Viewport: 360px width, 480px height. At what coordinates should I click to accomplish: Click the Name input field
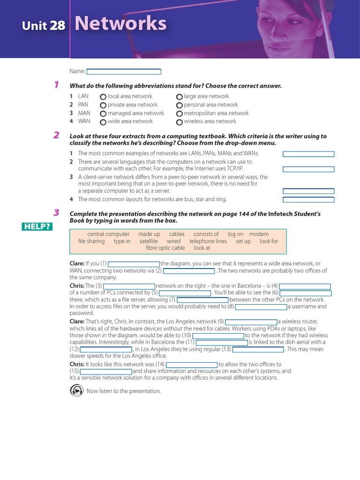click(124, 72)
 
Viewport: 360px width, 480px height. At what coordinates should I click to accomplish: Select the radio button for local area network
click(103, 97)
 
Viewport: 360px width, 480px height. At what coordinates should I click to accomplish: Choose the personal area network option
click(180, 105)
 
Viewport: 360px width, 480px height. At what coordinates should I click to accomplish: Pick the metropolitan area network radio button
click(180, 113)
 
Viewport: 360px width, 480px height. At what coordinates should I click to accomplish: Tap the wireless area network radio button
click(180, 122)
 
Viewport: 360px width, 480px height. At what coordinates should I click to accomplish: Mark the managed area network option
click(103, 113)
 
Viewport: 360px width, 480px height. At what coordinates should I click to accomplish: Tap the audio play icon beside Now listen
click(76, 390)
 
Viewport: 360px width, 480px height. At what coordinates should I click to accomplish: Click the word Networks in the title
click(120, 23)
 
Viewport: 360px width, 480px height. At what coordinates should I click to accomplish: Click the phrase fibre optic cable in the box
click(165, 248)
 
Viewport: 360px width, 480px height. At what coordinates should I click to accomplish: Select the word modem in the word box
click(259, 234)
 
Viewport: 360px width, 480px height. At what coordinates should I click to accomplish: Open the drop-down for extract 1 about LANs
click(308, 154)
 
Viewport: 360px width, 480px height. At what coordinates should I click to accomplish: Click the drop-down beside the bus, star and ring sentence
click(308, 200)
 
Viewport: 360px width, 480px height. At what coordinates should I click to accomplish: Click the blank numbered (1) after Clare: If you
click(134, 264)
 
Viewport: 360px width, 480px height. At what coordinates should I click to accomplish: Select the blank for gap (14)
click(192, 365)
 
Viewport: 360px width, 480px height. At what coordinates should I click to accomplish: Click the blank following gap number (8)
click(261, 307)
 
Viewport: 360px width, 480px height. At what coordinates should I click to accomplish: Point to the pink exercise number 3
click(56, 213)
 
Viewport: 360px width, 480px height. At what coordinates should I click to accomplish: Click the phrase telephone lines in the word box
click(208, 241)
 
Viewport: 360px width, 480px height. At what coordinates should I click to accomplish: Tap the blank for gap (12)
click(106, 349)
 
